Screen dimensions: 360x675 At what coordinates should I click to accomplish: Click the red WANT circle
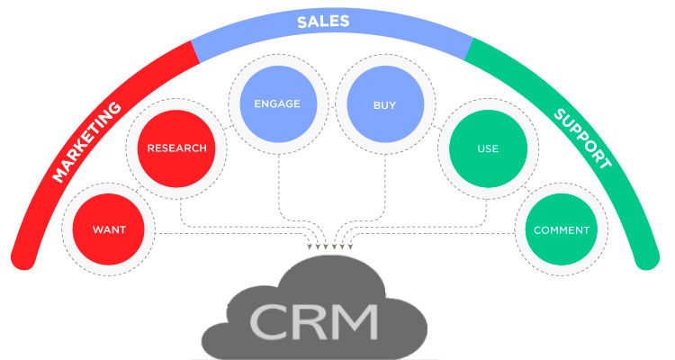click(x=108, y=229)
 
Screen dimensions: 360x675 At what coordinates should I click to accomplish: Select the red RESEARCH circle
click(x=177, y=148)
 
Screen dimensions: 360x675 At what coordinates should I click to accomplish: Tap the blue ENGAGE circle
click(x=276, y=103)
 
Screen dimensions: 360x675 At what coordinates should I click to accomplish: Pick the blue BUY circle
click(x=384, y=104)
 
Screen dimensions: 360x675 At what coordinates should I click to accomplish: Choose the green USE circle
click(x=488, y=148)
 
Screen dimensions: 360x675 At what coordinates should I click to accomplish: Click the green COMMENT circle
click(x=562, y=229)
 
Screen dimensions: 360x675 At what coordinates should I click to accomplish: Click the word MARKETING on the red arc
click(x=87, y=141)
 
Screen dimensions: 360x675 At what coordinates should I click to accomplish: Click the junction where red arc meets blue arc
click(x=196, y=53)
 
